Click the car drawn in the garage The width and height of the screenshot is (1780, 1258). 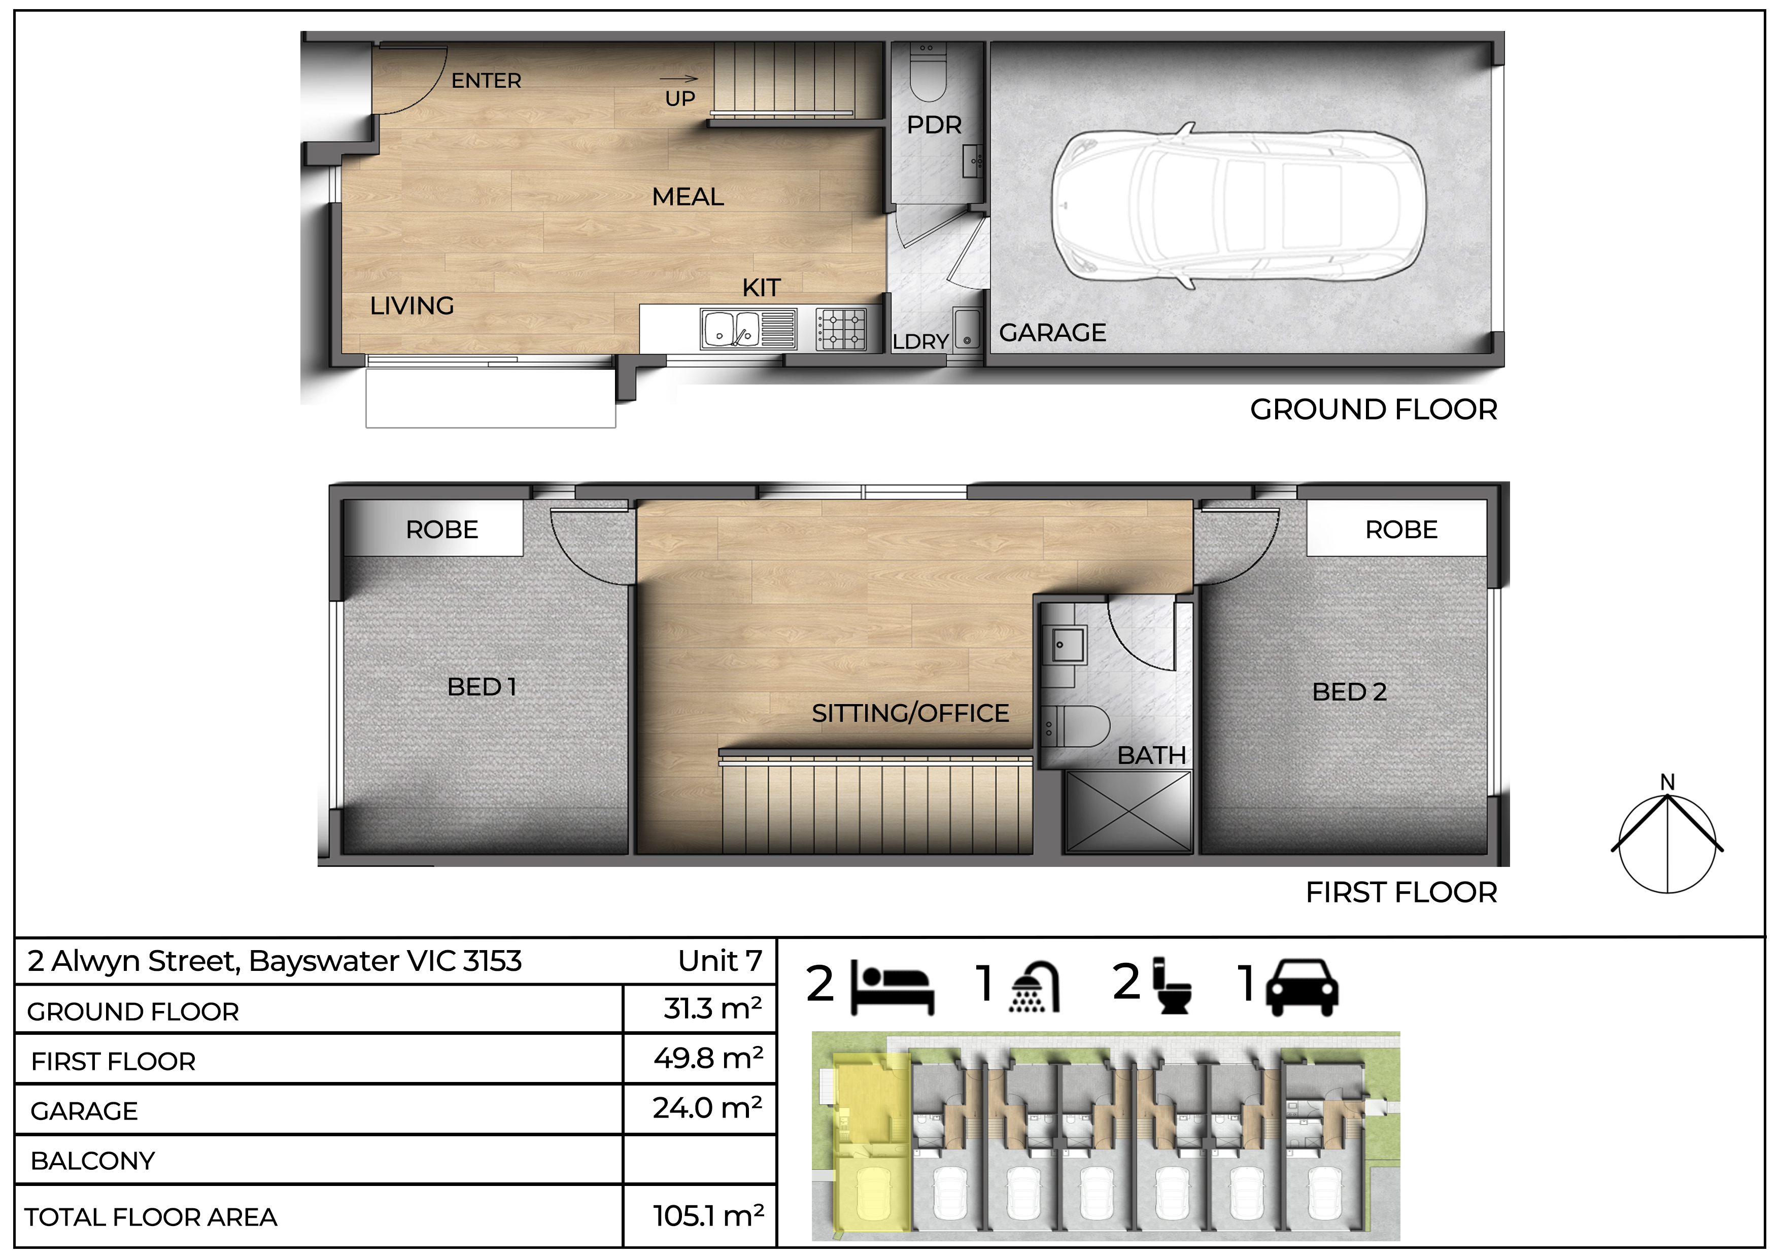[x=1238, y=206]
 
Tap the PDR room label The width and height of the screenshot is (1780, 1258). [x=934, y=125]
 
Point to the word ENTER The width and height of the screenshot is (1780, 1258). [x=486, y=81]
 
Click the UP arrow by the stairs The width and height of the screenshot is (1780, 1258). [x=679, y=78]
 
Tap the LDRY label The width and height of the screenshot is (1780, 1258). [x=920, y=342]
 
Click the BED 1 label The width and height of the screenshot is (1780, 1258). [x=482, y=687]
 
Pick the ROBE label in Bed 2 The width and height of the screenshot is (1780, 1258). [x=1401, y=530]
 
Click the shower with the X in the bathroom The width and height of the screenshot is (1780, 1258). [x=1128, y=812]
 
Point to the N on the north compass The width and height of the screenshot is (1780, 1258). [x=1667, y=782]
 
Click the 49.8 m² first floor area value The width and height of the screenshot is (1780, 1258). [x=708, y=1057]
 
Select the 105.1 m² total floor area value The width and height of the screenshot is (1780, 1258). [x=708, y=1215]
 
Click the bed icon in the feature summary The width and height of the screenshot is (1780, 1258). [x=893, y=986]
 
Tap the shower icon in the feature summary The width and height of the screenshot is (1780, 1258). [x=1034, y=987]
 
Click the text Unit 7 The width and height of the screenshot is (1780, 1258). [x=720, y=961]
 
